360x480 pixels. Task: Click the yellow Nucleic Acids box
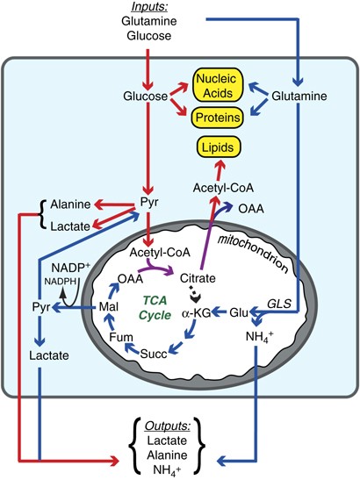(218, 85)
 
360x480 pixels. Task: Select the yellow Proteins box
(218, 118)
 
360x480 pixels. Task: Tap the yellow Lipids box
(218, 147)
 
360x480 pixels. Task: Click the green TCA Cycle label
(155, 308)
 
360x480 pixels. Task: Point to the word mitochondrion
(253, 254)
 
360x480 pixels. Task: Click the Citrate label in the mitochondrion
(198, 278)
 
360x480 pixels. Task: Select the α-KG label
(197, 313)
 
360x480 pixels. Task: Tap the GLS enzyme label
(279, 304)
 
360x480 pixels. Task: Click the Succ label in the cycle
(154, 354)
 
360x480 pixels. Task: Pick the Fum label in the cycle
(121, 337)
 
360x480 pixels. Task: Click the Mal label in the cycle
(109, 306)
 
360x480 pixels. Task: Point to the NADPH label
(60, 282)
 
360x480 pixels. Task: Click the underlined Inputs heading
(149, 7)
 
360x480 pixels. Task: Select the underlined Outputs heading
(168, 426)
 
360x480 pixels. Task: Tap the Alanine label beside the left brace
(70, 204)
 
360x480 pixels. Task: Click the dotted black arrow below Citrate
(194, 294)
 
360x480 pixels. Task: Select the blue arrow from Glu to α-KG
(220, 312)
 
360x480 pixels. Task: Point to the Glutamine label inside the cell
(299, 97)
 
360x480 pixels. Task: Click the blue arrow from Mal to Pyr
(75, 307)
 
